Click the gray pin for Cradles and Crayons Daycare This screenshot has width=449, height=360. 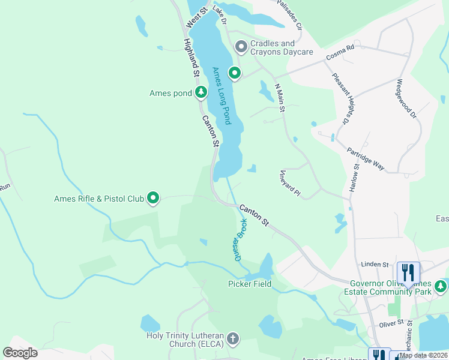pos(241,46)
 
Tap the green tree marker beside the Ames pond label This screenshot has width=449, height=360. pos(201,92)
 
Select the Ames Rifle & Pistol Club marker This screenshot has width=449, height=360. pos(154,197)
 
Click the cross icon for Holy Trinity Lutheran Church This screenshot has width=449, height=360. pos(234,339)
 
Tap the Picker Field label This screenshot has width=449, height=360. pos(249,284)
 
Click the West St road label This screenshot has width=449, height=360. pos(196,17)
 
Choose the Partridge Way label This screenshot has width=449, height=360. pos(366,159)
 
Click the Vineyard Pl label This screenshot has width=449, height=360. pos(289,183)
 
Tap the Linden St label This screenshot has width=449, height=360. pos(376,264)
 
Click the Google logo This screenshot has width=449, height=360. pos(20,353)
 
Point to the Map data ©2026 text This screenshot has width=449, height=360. pos(423,355)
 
